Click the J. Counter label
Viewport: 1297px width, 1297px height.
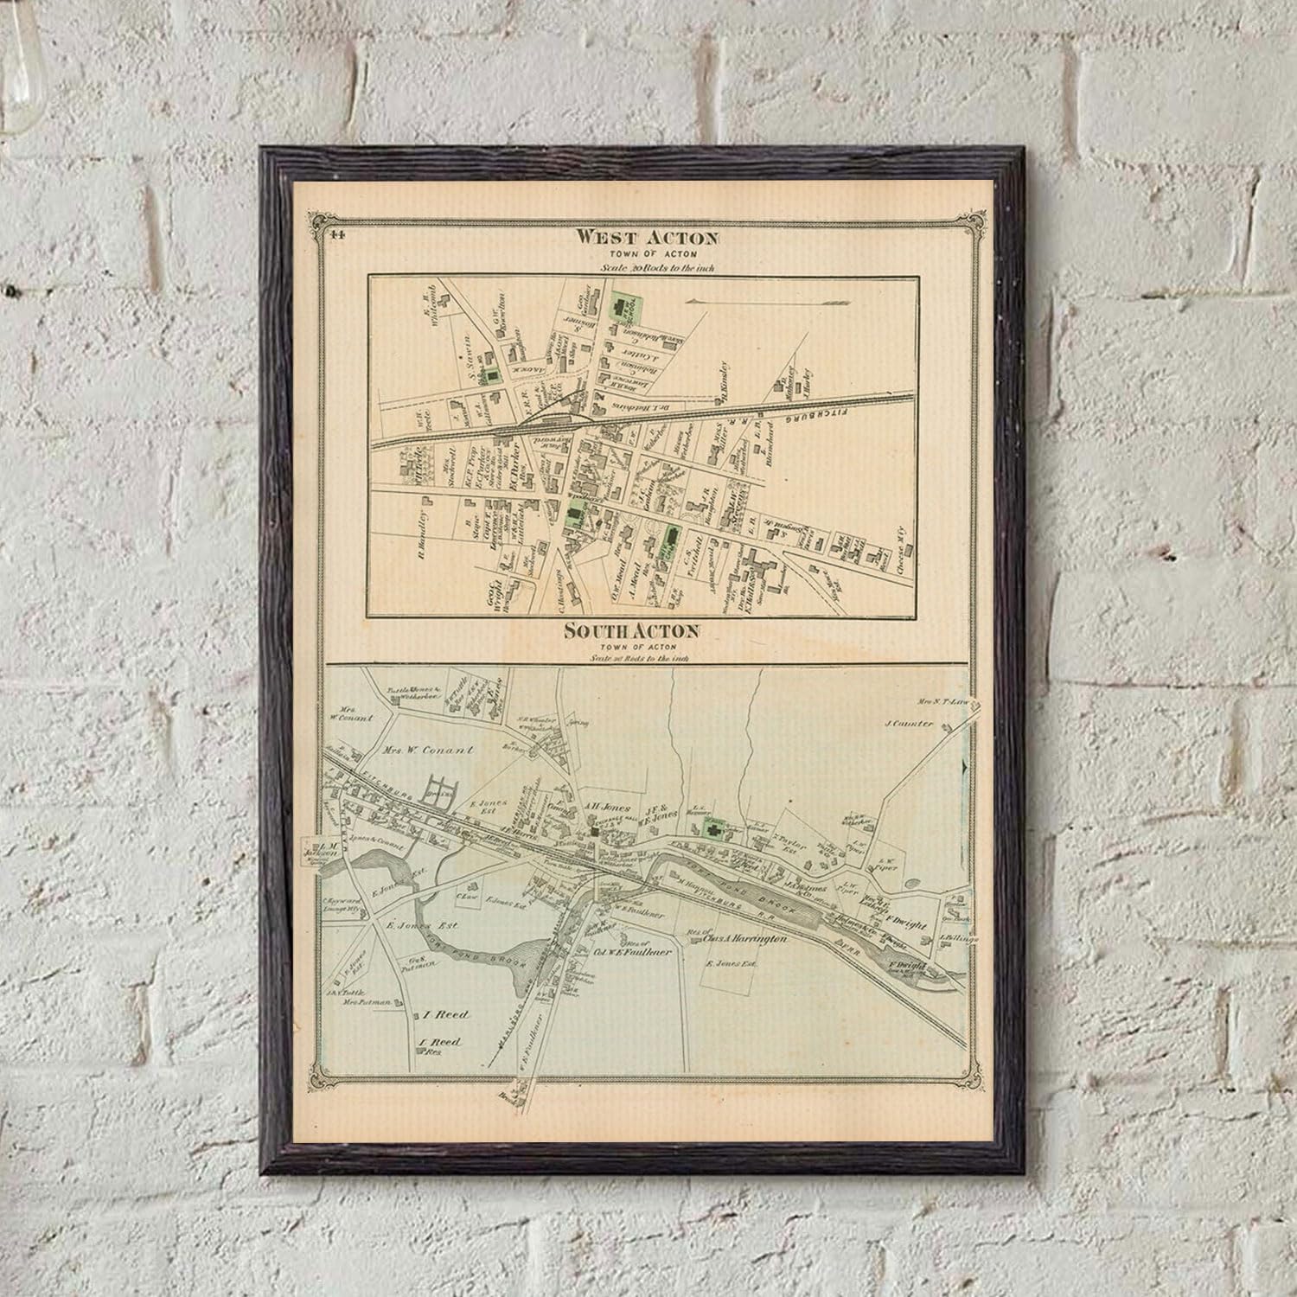[909, 723]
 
